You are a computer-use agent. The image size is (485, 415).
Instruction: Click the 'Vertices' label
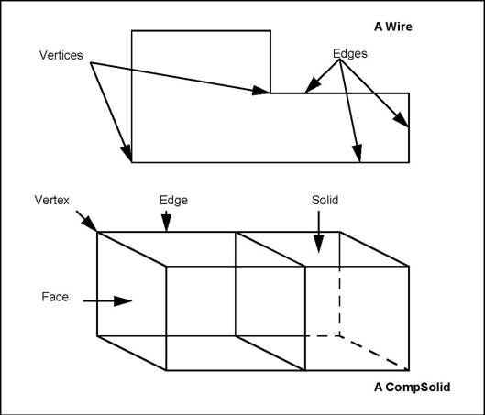coord(61,56)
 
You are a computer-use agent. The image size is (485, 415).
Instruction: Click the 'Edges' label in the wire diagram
coord(348,54)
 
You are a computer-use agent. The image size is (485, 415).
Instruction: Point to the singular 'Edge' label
coord(174,199)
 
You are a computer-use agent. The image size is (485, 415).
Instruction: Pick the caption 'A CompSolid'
coord(411,388)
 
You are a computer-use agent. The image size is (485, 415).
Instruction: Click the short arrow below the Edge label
coord(166,222)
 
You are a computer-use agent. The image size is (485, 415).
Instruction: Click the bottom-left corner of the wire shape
coord(132,162)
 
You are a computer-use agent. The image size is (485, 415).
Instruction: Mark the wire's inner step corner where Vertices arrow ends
coord(270,93)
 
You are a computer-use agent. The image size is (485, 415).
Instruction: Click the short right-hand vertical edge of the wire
coord(409,127)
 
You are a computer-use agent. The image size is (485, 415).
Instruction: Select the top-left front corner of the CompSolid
coord(98,232)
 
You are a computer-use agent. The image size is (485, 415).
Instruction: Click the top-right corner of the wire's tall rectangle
coord(270,31)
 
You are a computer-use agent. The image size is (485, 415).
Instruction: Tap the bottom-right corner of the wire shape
coord(409,162)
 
